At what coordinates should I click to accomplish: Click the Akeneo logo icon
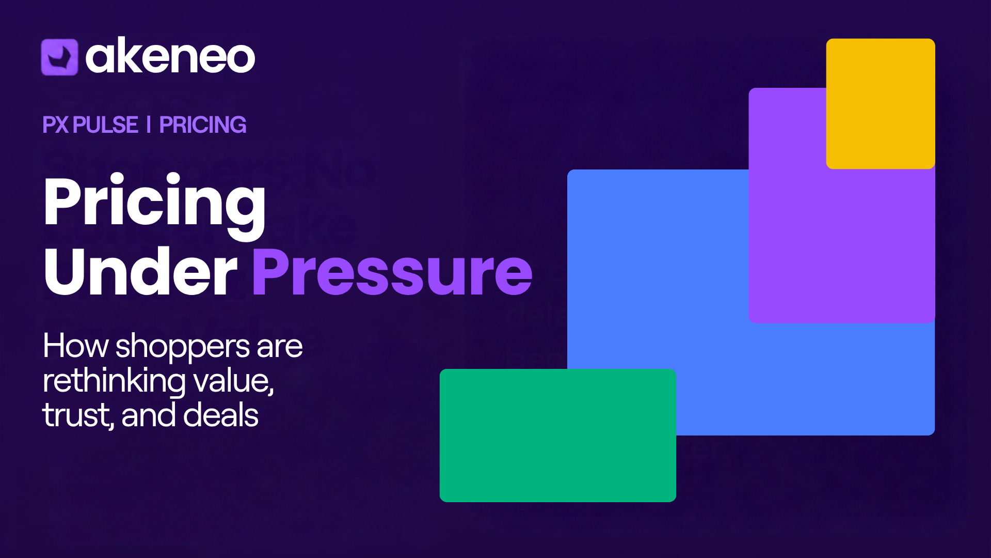pyautogui.click(x=59, y=57)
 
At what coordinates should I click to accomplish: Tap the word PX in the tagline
pyautogui.click(x=55, y=125)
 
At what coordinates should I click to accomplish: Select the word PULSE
pyautogui.click(x=106, y=125)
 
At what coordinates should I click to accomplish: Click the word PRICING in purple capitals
pyautogui.click(x=203, y=125)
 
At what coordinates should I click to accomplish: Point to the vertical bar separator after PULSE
pyautogui.click(x=149, y=125)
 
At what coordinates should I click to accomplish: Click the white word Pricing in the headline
pyautogui.click(x=155, y=206)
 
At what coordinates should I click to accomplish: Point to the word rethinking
pyautogui.click(x=114, y=381)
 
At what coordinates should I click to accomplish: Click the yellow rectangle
pyautogui.click(x=881, y=103)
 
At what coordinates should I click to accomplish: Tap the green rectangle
pyautogui.click(x=558, y=436)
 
